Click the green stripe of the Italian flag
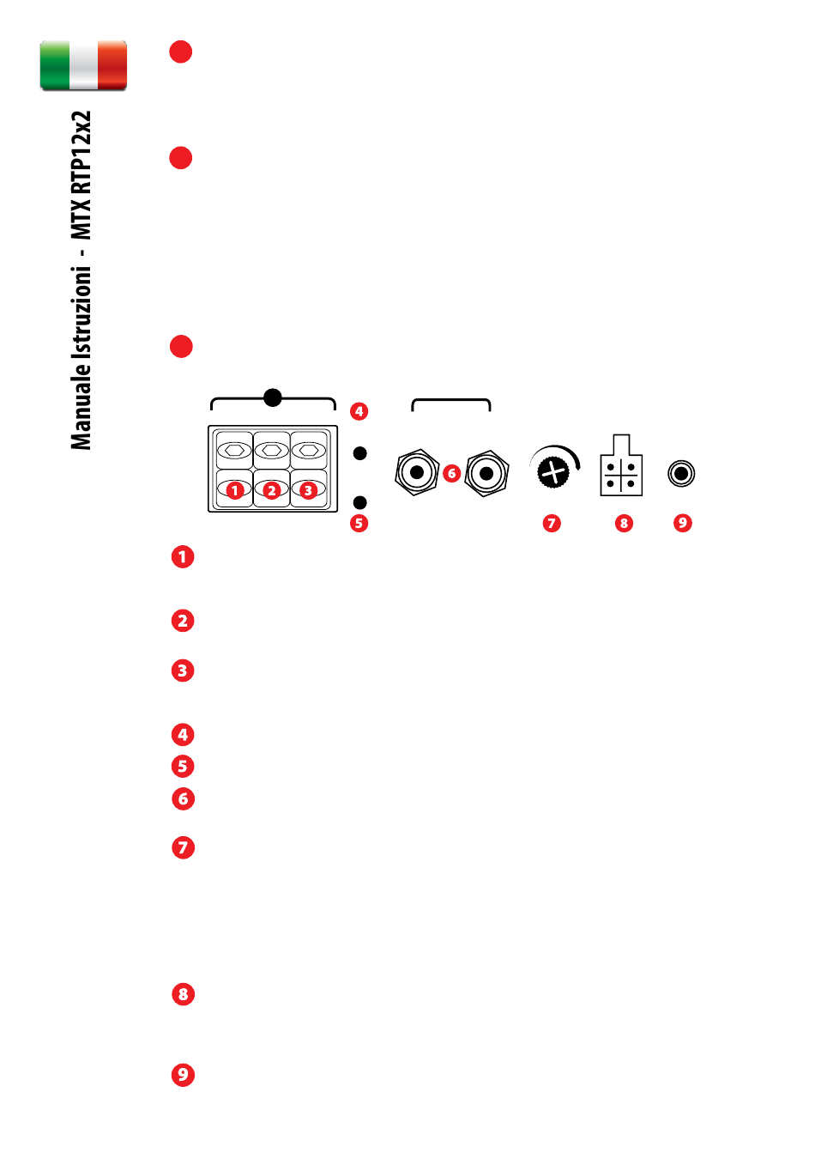click(55, 65)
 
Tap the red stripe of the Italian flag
click(112, 65)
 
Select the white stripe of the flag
click(83, 65)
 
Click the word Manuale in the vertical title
click(81, 406)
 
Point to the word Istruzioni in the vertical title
click(81, 312)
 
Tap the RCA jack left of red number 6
click(416, 472)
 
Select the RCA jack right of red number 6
click(486, 474)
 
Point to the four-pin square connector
click(620, 465)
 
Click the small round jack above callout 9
click(681, 474)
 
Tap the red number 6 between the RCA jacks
click(452, 474)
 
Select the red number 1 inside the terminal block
click(235, 490)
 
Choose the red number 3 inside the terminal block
click(308, 490)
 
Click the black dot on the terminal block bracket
click(273, 397)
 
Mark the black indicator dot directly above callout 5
click(360, 502)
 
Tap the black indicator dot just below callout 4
click(360, 453)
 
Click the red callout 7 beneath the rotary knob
click(552, 524)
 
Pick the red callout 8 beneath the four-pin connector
click(624, 524)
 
